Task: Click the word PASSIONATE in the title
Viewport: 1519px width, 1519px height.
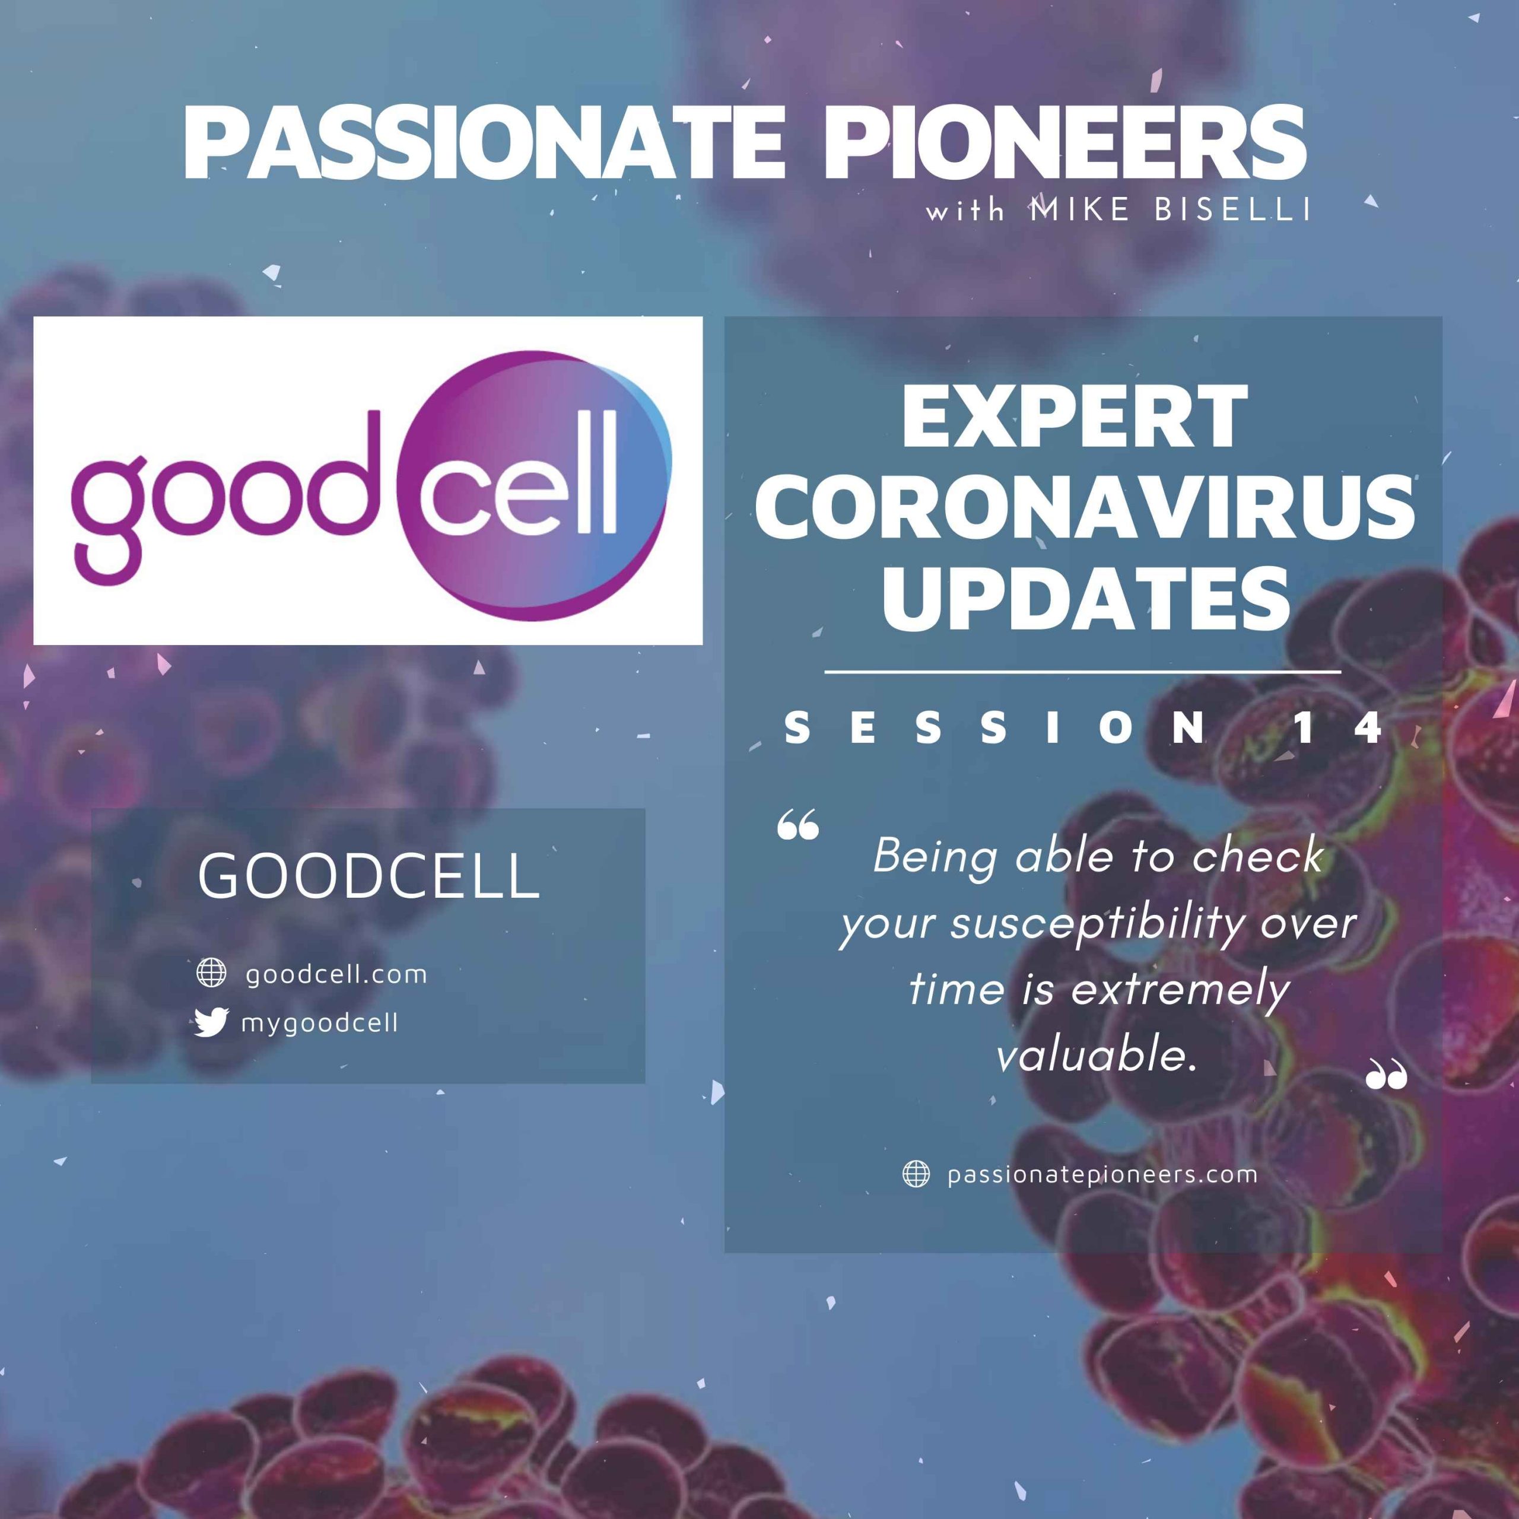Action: click(x=484, y=143)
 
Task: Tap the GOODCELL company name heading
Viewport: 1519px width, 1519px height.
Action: click(x=368, y=876)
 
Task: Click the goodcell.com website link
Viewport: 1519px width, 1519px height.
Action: click(x=336, y=975)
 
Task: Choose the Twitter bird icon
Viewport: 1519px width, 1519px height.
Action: click(x=211, y=1022)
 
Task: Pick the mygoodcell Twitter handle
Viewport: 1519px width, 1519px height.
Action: click(x=320, y=1024)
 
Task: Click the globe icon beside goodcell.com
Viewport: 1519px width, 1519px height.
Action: click(x=211, y=973)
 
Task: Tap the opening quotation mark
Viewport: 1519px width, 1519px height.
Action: click(x=798, y=828)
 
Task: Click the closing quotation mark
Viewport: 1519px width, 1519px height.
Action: click(x=1386, y=1074)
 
